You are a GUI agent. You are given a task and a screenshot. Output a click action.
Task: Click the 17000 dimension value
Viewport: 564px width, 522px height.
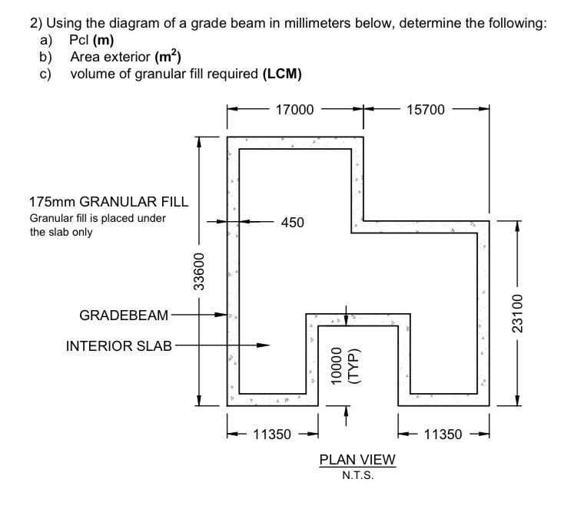tap(295, 109)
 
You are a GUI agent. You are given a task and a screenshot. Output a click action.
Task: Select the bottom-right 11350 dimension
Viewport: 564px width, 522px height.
tap(443, 434)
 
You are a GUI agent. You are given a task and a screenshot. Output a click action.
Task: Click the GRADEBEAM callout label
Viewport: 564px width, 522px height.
tap(125, 315)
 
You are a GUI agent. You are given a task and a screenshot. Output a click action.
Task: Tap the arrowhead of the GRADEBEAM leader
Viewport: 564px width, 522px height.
tap(226, 315)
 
